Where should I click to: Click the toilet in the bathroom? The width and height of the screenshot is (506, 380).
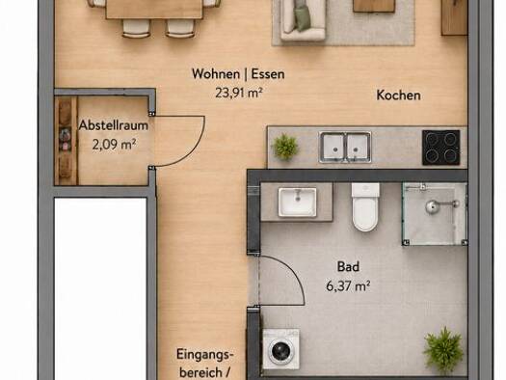click(365, 207)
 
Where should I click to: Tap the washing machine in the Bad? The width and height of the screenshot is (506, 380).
click(280, 349)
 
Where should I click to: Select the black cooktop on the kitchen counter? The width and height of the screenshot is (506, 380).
click(441, 148)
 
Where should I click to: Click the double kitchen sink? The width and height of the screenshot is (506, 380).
click(345, 147)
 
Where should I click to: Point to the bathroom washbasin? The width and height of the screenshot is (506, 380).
click(297, 203)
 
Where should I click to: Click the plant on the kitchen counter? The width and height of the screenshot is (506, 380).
click(285, 147)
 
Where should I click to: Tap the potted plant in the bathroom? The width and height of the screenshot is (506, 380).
click(444, 350)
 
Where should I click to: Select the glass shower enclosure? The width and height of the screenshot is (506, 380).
click(435, 214)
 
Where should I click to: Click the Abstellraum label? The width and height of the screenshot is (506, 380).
click(114, 125)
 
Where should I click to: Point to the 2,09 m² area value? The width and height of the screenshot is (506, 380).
click(114, 144)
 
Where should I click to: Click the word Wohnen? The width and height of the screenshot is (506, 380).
click(216, 73)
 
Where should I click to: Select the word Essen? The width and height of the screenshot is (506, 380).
click(268, 74)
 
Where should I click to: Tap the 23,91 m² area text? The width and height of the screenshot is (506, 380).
click(239, 93)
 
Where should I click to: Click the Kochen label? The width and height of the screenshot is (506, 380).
click(399, 95)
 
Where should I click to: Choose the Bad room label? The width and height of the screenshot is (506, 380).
click(348, 267)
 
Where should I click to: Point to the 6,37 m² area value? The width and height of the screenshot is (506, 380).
click(348, 285)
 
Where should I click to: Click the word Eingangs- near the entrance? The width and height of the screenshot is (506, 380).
click(205, 355)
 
